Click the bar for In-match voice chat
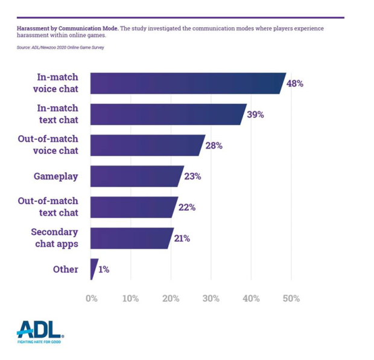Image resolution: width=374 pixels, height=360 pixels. point(187,83)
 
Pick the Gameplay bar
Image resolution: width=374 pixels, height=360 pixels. point(136,176)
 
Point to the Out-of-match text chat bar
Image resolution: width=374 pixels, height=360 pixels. point(133,207)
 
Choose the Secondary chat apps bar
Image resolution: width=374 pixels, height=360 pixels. point(132,238)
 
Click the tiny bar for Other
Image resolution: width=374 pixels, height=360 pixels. point(93,269)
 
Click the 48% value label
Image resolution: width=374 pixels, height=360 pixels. point(295,83)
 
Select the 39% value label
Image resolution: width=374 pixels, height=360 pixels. point(255,114)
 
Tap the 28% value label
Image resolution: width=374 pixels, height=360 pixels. point(214,146)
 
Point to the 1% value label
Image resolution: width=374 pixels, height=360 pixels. point(104,269)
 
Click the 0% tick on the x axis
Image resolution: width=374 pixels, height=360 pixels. point(91,298)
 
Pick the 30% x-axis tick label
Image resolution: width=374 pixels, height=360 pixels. point(211,298)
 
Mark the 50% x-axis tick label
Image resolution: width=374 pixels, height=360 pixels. point(291,298)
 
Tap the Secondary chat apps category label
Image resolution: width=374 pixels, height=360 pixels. point(54,238)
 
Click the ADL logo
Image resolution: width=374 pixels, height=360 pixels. point(40,330)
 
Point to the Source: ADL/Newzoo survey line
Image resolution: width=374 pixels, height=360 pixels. point(60,47)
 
